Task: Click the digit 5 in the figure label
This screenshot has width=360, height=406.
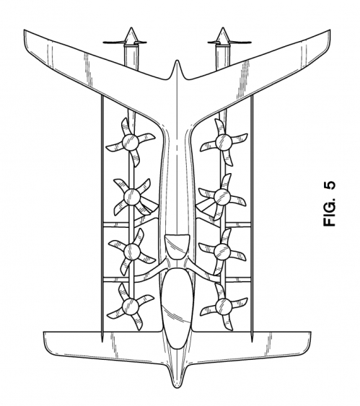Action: (x=330, y=186)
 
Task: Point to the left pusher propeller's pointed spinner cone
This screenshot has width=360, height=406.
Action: (x=131, y=35)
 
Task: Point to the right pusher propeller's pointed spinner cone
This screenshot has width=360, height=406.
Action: (x=222, y=35)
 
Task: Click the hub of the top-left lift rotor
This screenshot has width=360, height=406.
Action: (x=131, y=142)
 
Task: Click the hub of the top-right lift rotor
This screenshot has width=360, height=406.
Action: (x=224, y=142)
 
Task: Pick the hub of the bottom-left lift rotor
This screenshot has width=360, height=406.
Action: (x=131, y=306)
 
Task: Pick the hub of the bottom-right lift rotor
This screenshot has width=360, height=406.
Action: (x=224, y=306)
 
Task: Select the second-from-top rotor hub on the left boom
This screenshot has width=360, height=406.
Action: (x=132, y=197)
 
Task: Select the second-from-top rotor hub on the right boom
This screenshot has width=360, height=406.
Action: (x=222, y=197)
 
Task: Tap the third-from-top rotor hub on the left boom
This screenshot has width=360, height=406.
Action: (x=132, y=251)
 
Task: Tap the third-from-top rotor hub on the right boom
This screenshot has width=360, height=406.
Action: (x=222, y=251)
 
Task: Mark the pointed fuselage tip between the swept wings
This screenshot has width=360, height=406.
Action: (x=177, y=61)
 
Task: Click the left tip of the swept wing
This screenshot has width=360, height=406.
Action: (x=25, y=30)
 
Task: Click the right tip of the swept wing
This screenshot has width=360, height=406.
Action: (x=330, y=30)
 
